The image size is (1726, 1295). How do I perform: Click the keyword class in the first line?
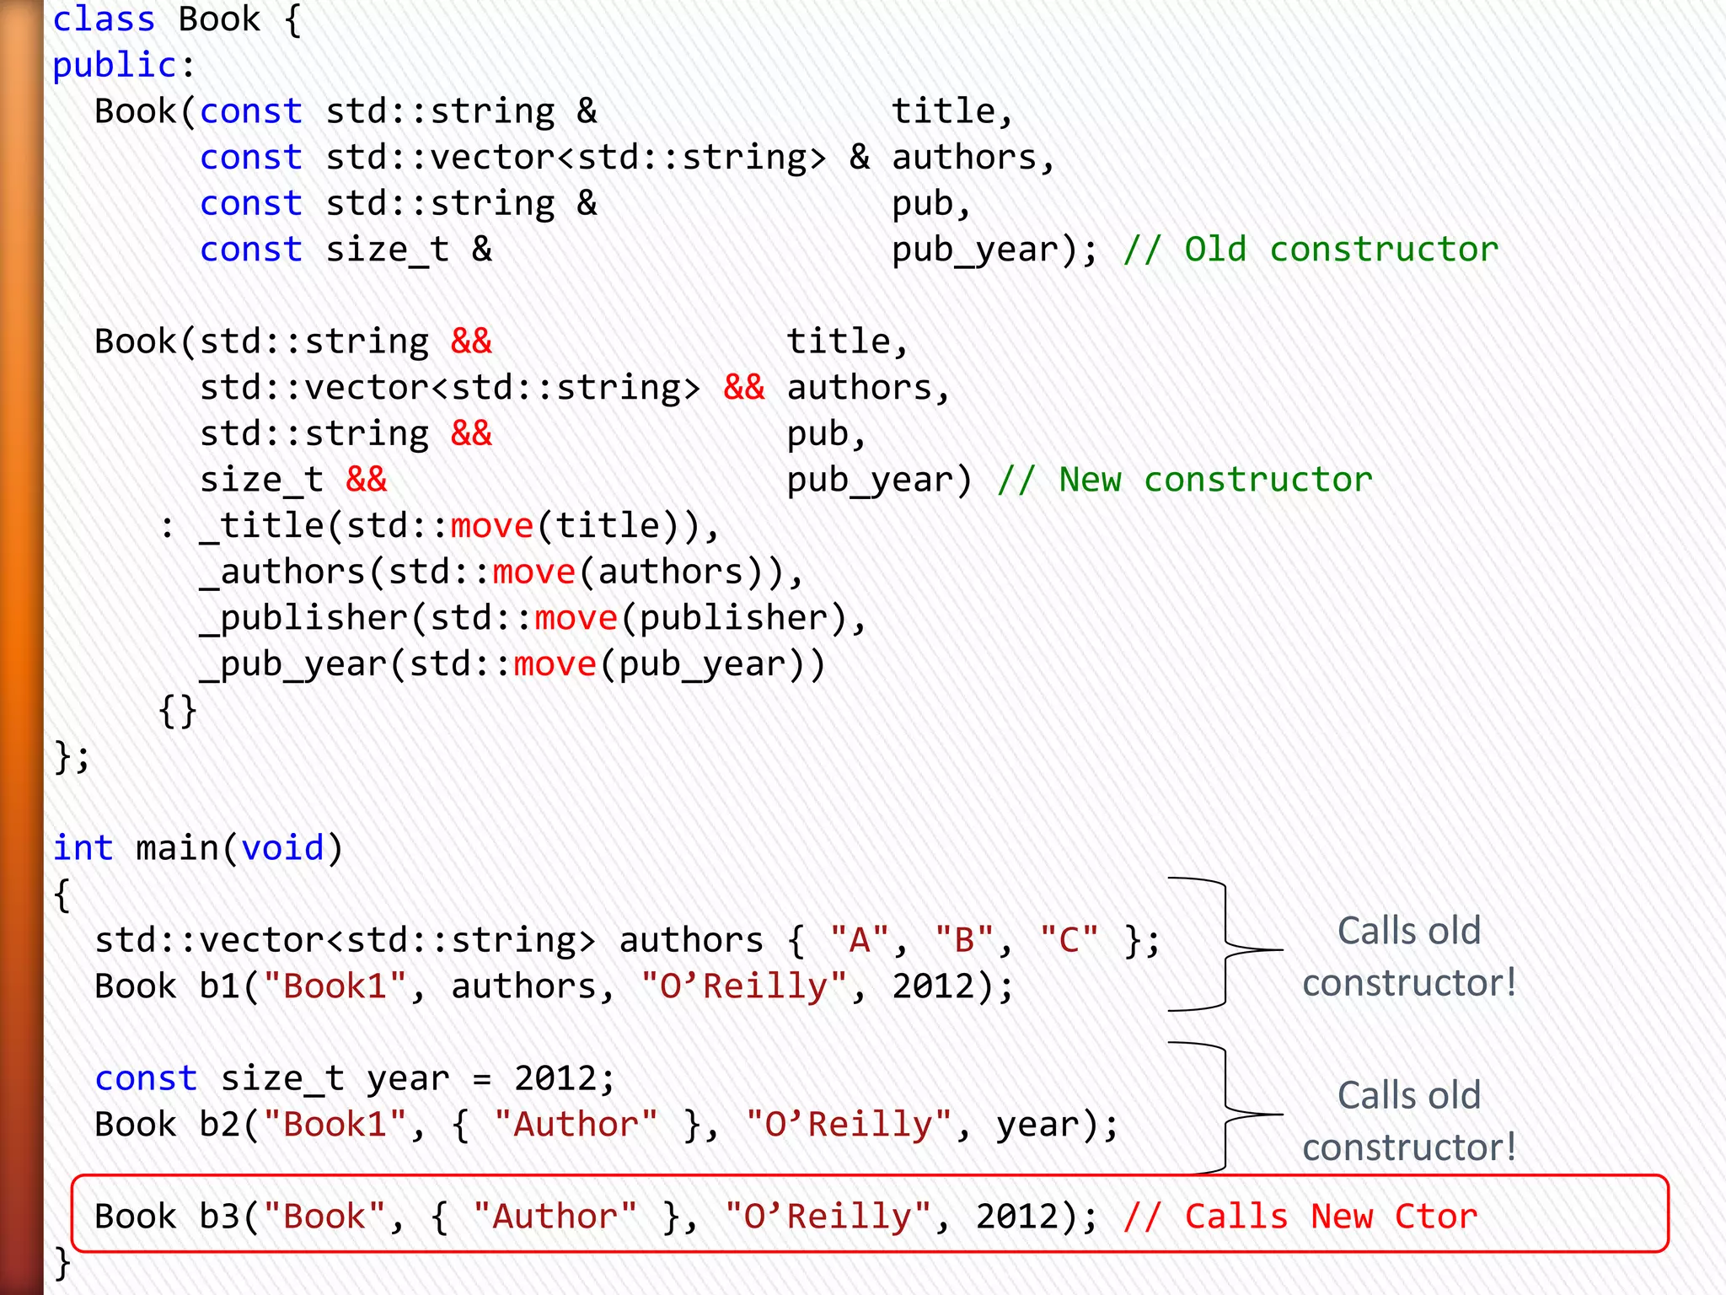[x=104, y=19]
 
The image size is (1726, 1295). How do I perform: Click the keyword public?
[x=115, y=66]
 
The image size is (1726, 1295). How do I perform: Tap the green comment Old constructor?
[x=1311, y=250]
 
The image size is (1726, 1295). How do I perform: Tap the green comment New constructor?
[x=1185, y=480]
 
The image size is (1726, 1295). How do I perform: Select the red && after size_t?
[x=366, y=480]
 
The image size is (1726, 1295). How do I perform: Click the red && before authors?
[x=743, y=388]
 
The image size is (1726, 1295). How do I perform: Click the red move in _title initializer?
[x=491, y=526]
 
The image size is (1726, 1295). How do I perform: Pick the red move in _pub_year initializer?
[x=555, y=664]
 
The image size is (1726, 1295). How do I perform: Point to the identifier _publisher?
[x=303, y=619]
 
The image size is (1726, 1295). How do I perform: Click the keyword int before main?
[x=83, y=848]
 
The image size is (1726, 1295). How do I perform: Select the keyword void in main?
[x=282, y=848]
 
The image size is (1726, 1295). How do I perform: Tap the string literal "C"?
[x=1069, y=940]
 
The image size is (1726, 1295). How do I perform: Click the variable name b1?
[x=219, y=986]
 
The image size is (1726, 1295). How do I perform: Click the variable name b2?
[x=219, y=1125]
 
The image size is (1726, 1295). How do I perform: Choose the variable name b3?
[x=219, y=1217]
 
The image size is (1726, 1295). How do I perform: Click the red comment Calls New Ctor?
[x=1300, y=1217]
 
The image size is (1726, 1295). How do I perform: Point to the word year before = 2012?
[x=408, y=1079]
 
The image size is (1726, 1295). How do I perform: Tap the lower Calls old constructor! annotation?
[x=1409, y=1121]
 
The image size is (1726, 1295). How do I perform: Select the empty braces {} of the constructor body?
[x=177, y=711]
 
